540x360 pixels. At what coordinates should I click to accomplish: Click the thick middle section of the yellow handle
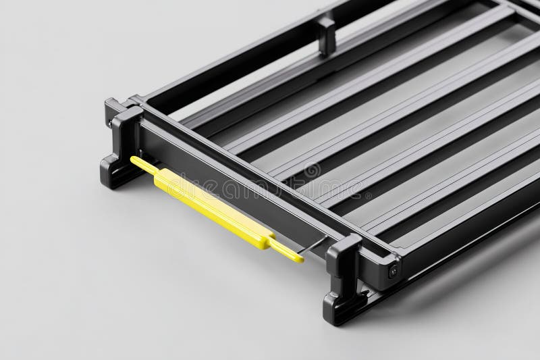209,207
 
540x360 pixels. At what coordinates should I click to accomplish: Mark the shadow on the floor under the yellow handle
202,233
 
